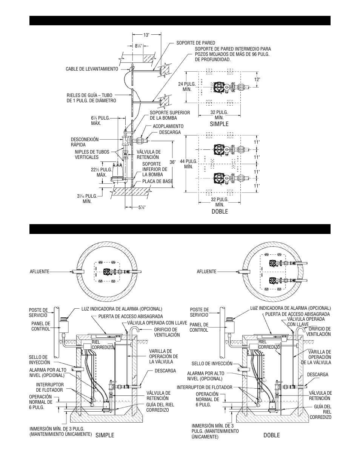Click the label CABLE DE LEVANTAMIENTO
tap(92, 69)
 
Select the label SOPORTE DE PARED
tap(195, 43)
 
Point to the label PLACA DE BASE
tap(157, 181)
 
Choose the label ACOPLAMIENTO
tap(168, 126)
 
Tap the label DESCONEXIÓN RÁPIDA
tap(85, 142)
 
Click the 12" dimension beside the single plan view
tap(257, 80)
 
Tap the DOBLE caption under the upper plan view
tap(220, 212)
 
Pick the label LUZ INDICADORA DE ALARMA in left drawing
tap(122, 309)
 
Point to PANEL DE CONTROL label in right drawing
tap(199, 327)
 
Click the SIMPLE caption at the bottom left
tap(105, 435)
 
